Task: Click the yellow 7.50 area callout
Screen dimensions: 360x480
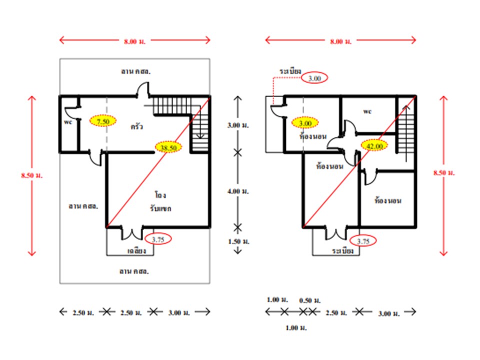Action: coord(103,120)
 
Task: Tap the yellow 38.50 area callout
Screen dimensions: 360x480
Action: coord(169,147)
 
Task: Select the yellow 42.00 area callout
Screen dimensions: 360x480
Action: coord(374,145)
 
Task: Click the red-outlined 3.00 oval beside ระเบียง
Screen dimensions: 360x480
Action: coord(314,78)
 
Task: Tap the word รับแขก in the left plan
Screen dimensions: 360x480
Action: coord(160,208)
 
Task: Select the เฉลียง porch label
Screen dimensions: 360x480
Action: coord(136,250)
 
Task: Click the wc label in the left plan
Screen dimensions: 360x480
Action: coord(68,121)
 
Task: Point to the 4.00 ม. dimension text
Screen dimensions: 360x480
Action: coord(237,191)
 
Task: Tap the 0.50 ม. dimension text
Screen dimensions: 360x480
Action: coord(309,300)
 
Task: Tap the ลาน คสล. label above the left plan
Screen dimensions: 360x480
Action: coord(135,71)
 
